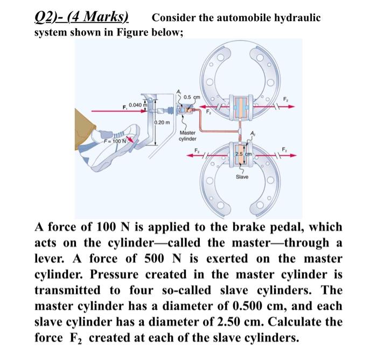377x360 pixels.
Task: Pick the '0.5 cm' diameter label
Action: pos(192,97)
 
